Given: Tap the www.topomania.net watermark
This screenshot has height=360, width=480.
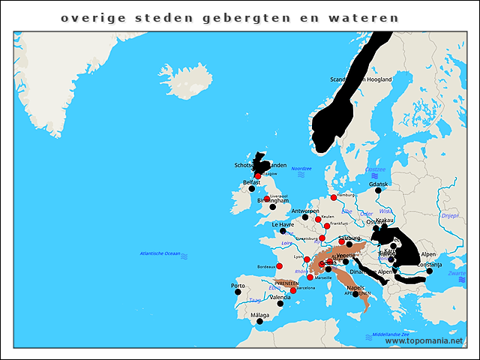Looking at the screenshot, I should point(424,340).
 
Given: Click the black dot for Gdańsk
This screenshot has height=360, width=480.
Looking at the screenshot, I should point(378,190).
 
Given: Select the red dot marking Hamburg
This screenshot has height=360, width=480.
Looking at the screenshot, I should point(334,198).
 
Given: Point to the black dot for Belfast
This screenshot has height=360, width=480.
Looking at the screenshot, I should point(252,189).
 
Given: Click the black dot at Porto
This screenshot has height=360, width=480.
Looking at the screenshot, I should point(240,293).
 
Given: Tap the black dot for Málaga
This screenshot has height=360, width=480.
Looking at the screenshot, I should point(259,322).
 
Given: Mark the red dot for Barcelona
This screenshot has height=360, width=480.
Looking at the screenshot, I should point(293,290).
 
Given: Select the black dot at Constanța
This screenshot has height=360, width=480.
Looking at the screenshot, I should point(430,271).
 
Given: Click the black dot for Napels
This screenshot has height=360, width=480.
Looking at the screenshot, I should point(355,294).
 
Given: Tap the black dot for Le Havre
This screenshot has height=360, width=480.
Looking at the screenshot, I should point(283,231).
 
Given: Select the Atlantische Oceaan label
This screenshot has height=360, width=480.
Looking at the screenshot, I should point(160,253).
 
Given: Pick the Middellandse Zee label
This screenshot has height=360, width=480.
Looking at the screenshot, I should point(390,334).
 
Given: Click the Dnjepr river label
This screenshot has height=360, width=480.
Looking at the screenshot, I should point(450,215).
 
